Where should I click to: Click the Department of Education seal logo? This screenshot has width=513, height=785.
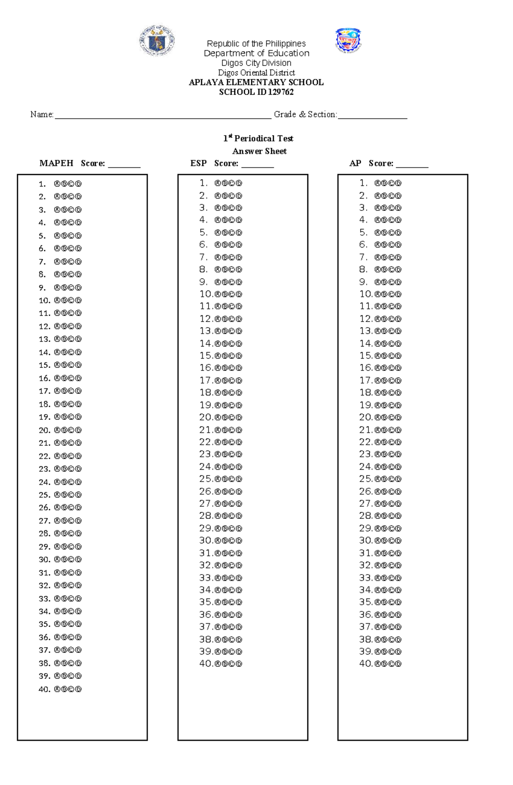click(157, 40)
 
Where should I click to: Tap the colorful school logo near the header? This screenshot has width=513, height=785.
click(348, 40)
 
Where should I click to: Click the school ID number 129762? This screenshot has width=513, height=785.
click(280, 92)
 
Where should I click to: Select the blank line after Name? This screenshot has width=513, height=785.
click(163, 116)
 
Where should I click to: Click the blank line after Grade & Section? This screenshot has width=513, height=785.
click(372, 116)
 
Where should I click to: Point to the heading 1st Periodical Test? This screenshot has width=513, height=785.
click(258, 138)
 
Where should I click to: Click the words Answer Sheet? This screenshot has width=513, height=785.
click(259, 151)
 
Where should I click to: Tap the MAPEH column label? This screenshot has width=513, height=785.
click(56, 163)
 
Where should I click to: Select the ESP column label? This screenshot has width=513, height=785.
click(198, 163)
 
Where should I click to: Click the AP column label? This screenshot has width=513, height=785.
click(355, 163)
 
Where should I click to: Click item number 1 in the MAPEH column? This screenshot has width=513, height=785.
click(42, 184)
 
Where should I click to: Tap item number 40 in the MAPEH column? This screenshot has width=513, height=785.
click(44, 689)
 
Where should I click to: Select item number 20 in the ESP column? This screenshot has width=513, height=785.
click(206, 417)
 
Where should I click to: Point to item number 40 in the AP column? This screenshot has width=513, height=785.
click(366, 664)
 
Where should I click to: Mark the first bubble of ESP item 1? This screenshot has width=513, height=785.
click(218, 183)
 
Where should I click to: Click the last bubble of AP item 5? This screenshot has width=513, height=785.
click(398, 233)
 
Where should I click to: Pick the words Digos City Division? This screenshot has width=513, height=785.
click(256, 63)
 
